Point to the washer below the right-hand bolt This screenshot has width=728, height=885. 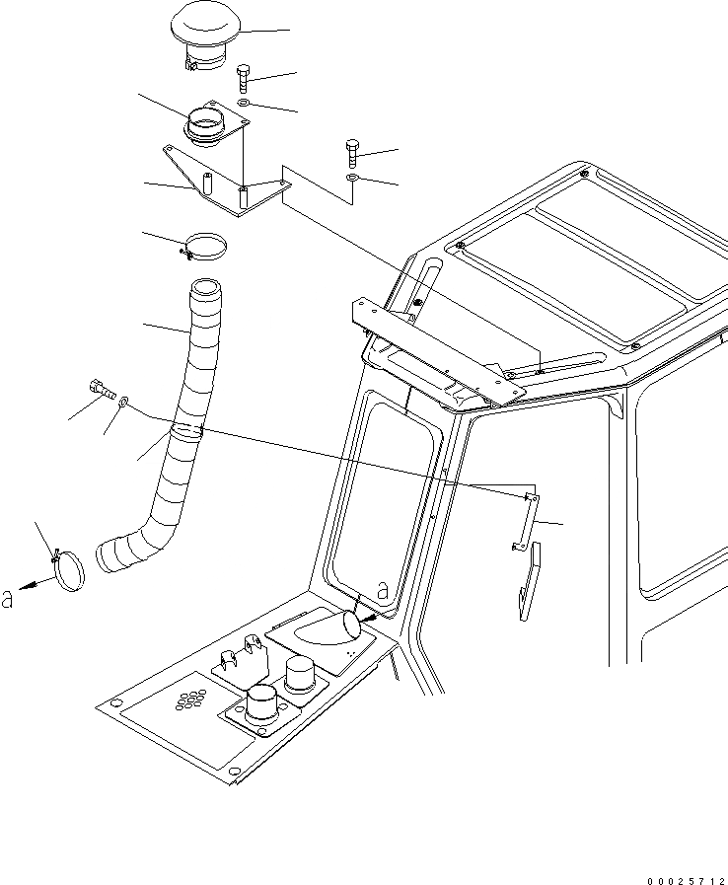[353, 178]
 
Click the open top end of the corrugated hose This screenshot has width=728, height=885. [205, 289]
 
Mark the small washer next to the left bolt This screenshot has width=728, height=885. [121, 402]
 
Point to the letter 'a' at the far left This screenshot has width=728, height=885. [9, 598]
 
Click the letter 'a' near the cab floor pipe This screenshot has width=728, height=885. [383, 592]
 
